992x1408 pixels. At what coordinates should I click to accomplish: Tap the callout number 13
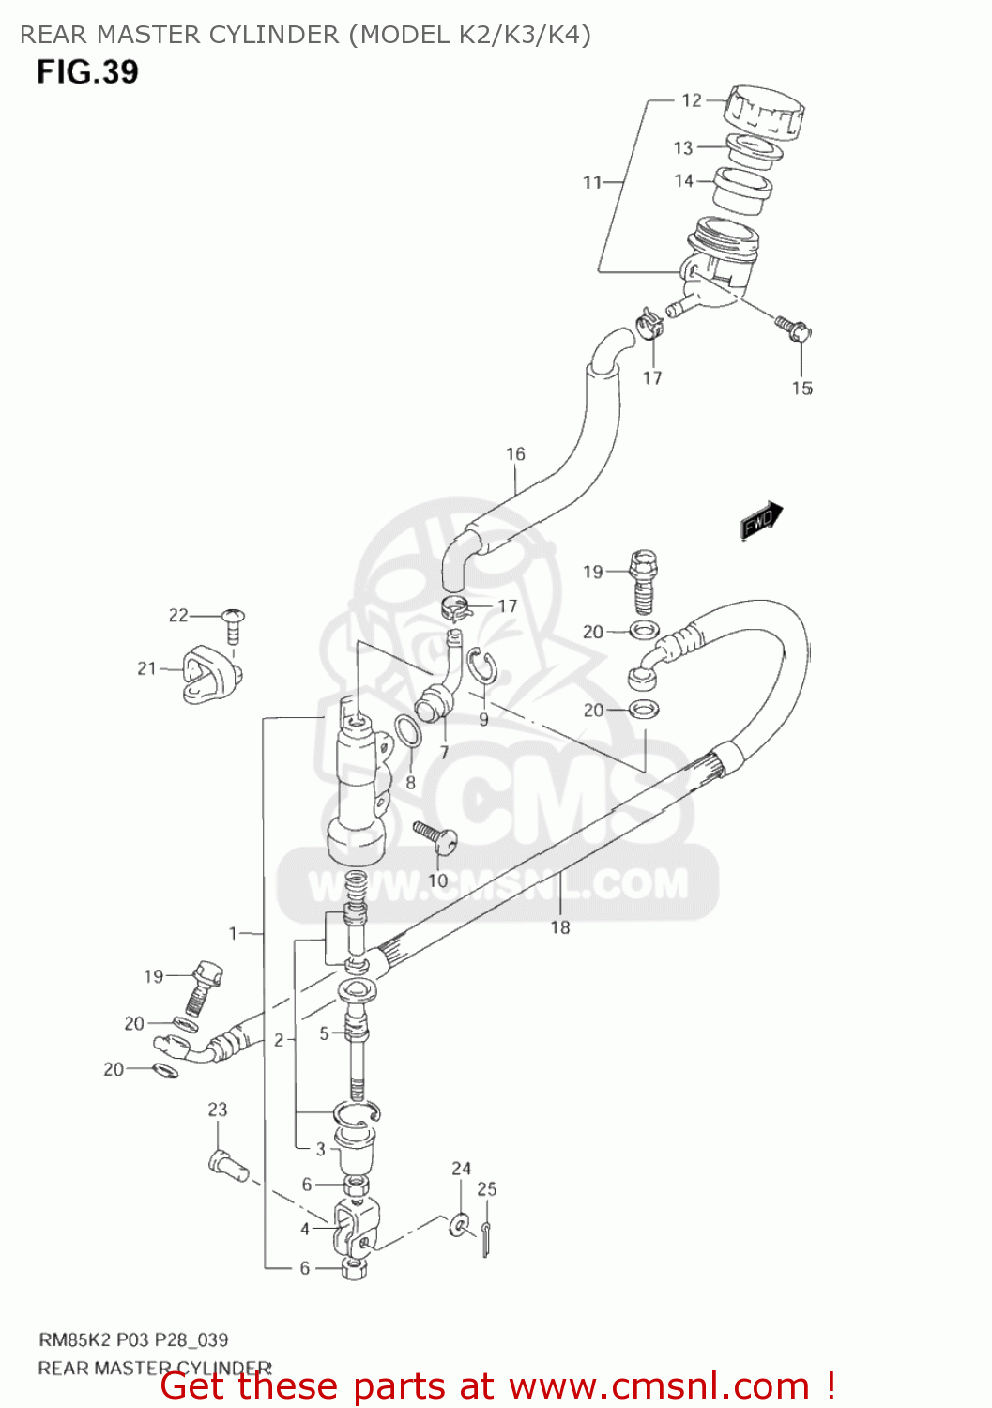[x=683, y=147]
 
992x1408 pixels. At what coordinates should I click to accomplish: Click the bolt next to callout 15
[x=793, y=328]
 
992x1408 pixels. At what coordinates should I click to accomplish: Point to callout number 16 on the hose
[x=516, y=454]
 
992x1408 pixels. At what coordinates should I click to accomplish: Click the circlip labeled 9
[x=483, y=668]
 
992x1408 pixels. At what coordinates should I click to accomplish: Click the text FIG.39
[x=87, y=72]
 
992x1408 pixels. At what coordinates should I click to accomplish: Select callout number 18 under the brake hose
[x=560, y=927]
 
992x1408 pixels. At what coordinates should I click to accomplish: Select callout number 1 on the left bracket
[x=234, y=933]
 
